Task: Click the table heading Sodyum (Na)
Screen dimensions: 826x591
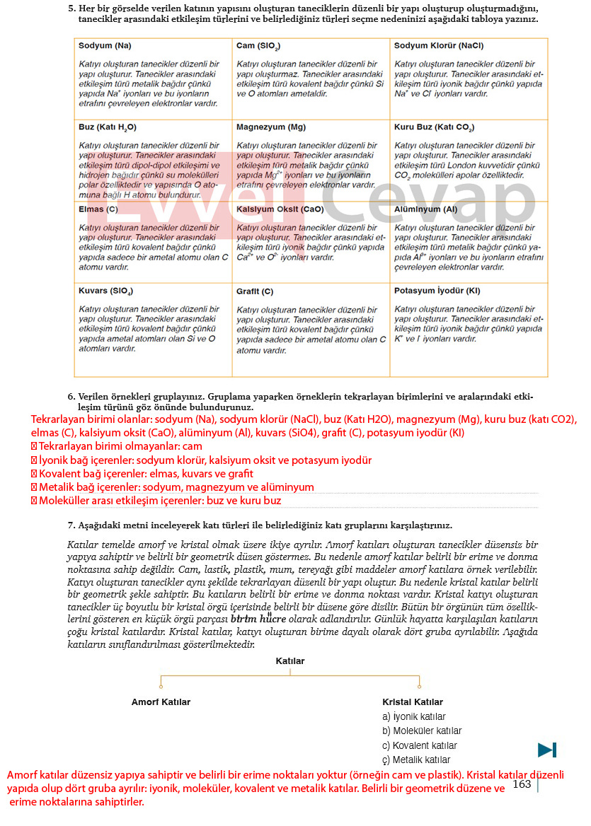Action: point(105,45)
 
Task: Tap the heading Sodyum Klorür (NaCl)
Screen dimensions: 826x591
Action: point(438,45)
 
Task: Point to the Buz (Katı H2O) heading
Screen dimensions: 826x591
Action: point(108,127)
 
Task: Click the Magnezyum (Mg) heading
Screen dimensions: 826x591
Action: point(271,127)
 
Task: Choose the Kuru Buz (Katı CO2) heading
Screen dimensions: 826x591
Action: point(434,127)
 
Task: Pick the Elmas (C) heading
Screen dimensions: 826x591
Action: point(98,209)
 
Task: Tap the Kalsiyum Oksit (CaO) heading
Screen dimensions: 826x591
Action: point(280,209)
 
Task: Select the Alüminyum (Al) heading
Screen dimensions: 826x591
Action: point(425,209)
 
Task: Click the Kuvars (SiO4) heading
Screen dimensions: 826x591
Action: point(105,291)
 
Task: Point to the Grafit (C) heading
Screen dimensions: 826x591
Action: point(255,291)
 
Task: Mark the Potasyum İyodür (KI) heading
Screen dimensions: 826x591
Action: point(437,290)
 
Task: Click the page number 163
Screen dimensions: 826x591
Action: point(522,784)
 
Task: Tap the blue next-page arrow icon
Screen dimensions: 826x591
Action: point(546,750)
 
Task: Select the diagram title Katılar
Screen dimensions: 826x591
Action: point(289,661)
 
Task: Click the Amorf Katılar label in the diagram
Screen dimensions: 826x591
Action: point(161,702)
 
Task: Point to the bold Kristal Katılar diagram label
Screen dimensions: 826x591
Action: point(413,702)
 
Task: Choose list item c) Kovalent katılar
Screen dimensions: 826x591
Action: point(419,745)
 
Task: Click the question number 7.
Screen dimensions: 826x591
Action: point(71,525)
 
